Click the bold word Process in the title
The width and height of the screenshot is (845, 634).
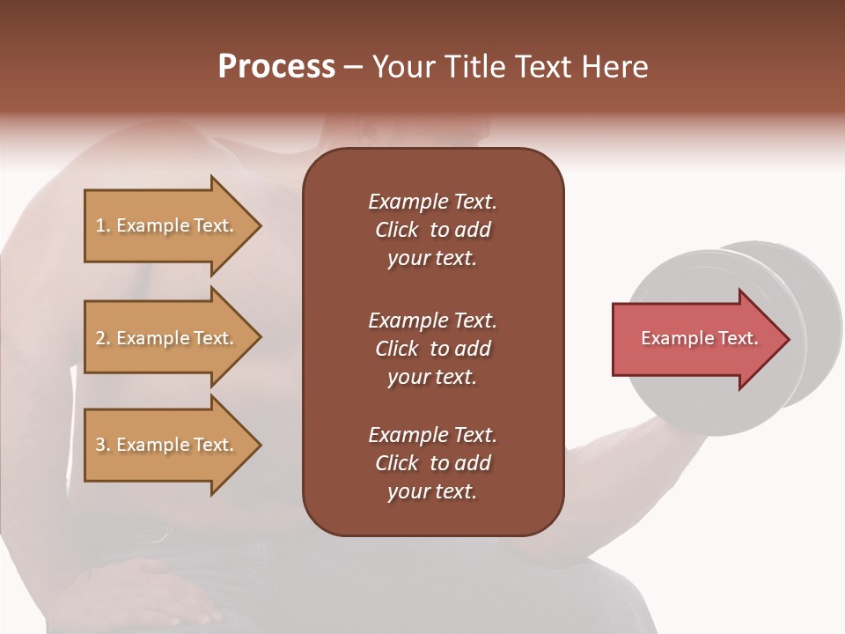pos(276,67)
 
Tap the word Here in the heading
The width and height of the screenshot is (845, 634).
pos(614,67)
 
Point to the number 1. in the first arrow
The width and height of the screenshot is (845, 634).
pos(103,226)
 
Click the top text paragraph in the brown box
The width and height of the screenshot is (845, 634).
pos(432,230)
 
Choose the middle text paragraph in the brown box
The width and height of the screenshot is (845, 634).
pos(432,349)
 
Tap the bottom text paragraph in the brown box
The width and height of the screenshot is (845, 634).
pos(432,463)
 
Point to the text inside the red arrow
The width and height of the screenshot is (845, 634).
pos(699,338)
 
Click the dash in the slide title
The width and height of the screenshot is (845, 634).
pos(353,67)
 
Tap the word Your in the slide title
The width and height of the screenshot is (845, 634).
pos(401,67)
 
